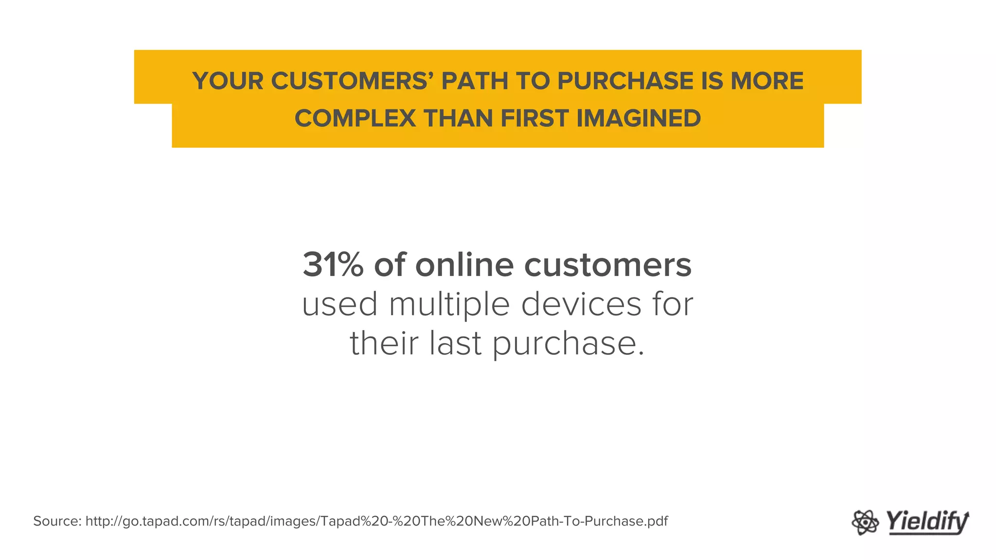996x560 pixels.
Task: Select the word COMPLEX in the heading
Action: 355,118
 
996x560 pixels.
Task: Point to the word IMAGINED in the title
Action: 639,118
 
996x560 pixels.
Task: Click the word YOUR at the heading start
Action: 228,81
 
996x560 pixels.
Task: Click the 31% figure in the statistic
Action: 333,265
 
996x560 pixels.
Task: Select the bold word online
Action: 464,265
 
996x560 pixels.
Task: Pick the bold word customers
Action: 607,265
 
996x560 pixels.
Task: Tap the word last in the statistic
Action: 455,343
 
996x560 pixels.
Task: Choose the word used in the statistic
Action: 339,304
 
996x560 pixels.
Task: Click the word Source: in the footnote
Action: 57,521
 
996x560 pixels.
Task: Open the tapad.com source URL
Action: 376,521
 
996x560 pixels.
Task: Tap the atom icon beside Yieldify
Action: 865,523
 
